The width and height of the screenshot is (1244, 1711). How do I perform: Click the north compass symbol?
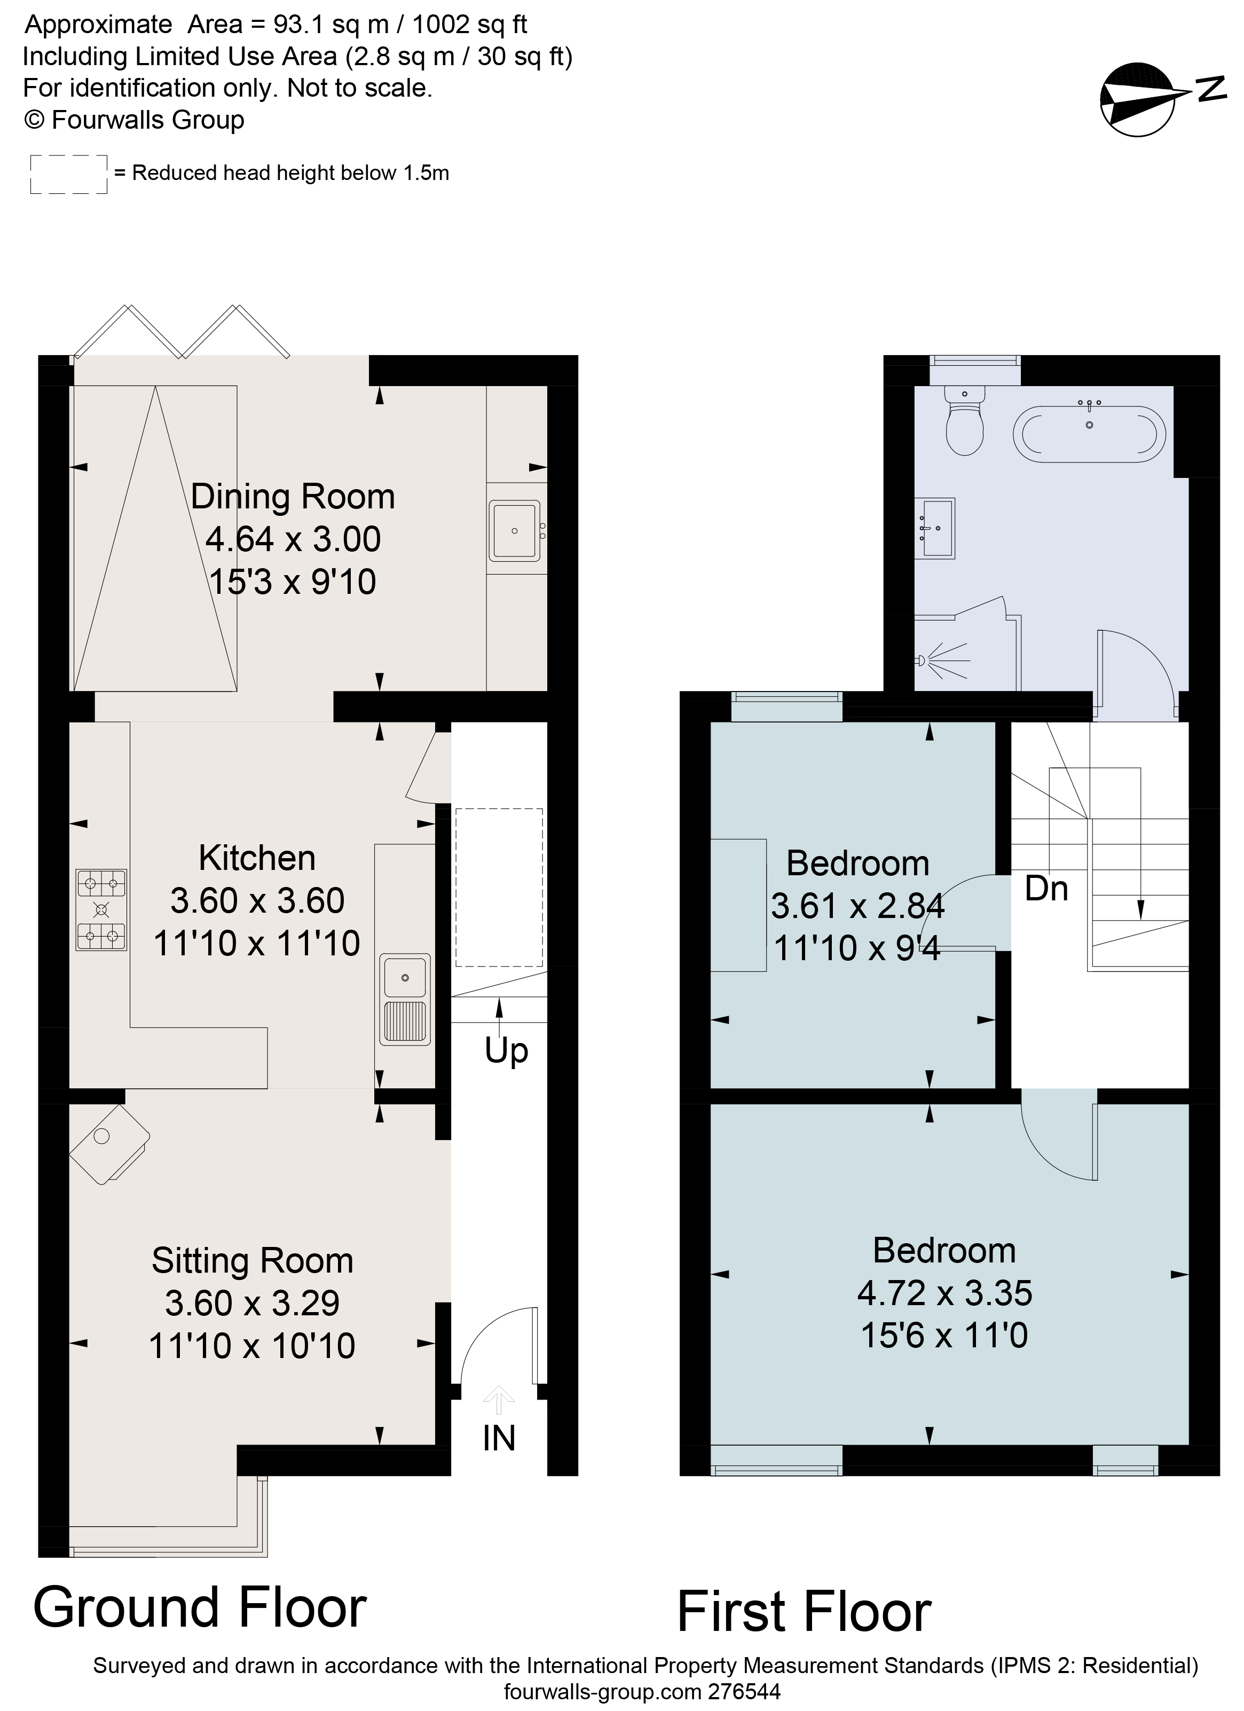pyautogui.click(x=1138, y=99)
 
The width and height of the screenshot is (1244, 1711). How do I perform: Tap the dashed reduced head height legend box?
pyautogui.click(x=69, y=174)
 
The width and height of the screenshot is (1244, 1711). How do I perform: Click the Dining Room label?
pyautogui.click(x=293, y=497)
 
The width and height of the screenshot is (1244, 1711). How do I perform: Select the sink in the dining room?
pyautogui.click(x=515, y=531)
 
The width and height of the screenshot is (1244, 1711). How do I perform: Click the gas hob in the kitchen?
pyautogui.click(x=101, y=910)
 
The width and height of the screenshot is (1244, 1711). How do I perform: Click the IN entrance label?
pyautogui.click(x=499, y=1439)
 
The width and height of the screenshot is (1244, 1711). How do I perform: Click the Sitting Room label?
pyautogui.click(x=252, y=1261)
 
